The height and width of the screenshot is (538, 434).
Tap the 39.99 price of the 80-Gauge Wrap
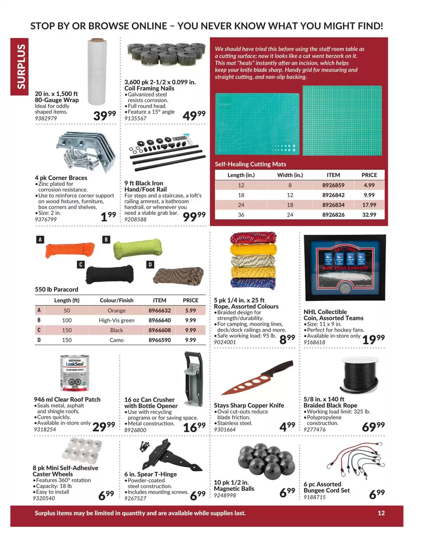104,115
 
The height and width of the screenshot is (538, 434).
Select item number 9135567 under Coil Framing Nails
135,118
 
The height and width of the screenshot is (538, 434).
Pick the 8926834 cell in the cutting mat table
333,205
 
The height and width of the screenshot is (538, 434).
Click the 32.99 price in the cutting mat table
369,215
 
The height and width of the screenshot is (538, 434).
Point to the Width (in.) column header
290,175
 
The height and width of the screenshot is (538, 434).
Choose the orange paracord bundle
70,249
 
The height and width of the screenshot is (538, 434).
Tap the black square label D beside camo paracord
150,265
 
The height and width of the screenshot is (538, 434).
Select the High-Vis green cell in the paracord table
116,320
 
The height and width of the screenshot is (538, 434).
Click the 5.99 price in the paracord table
190,311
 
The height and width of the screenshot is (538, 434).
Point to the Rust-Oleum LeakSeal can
75,373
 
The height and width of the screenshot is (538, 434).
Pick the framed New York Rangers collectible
344,268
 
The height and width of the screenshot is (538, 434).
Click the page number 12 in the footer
381,513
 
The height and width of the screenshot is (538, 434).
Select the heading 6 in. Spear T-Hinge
150,474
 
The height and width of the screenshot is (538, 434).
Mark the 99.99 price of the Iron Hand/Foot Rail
194,216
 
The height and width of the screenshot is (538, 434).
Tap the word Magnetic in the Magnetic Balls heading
227,489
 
